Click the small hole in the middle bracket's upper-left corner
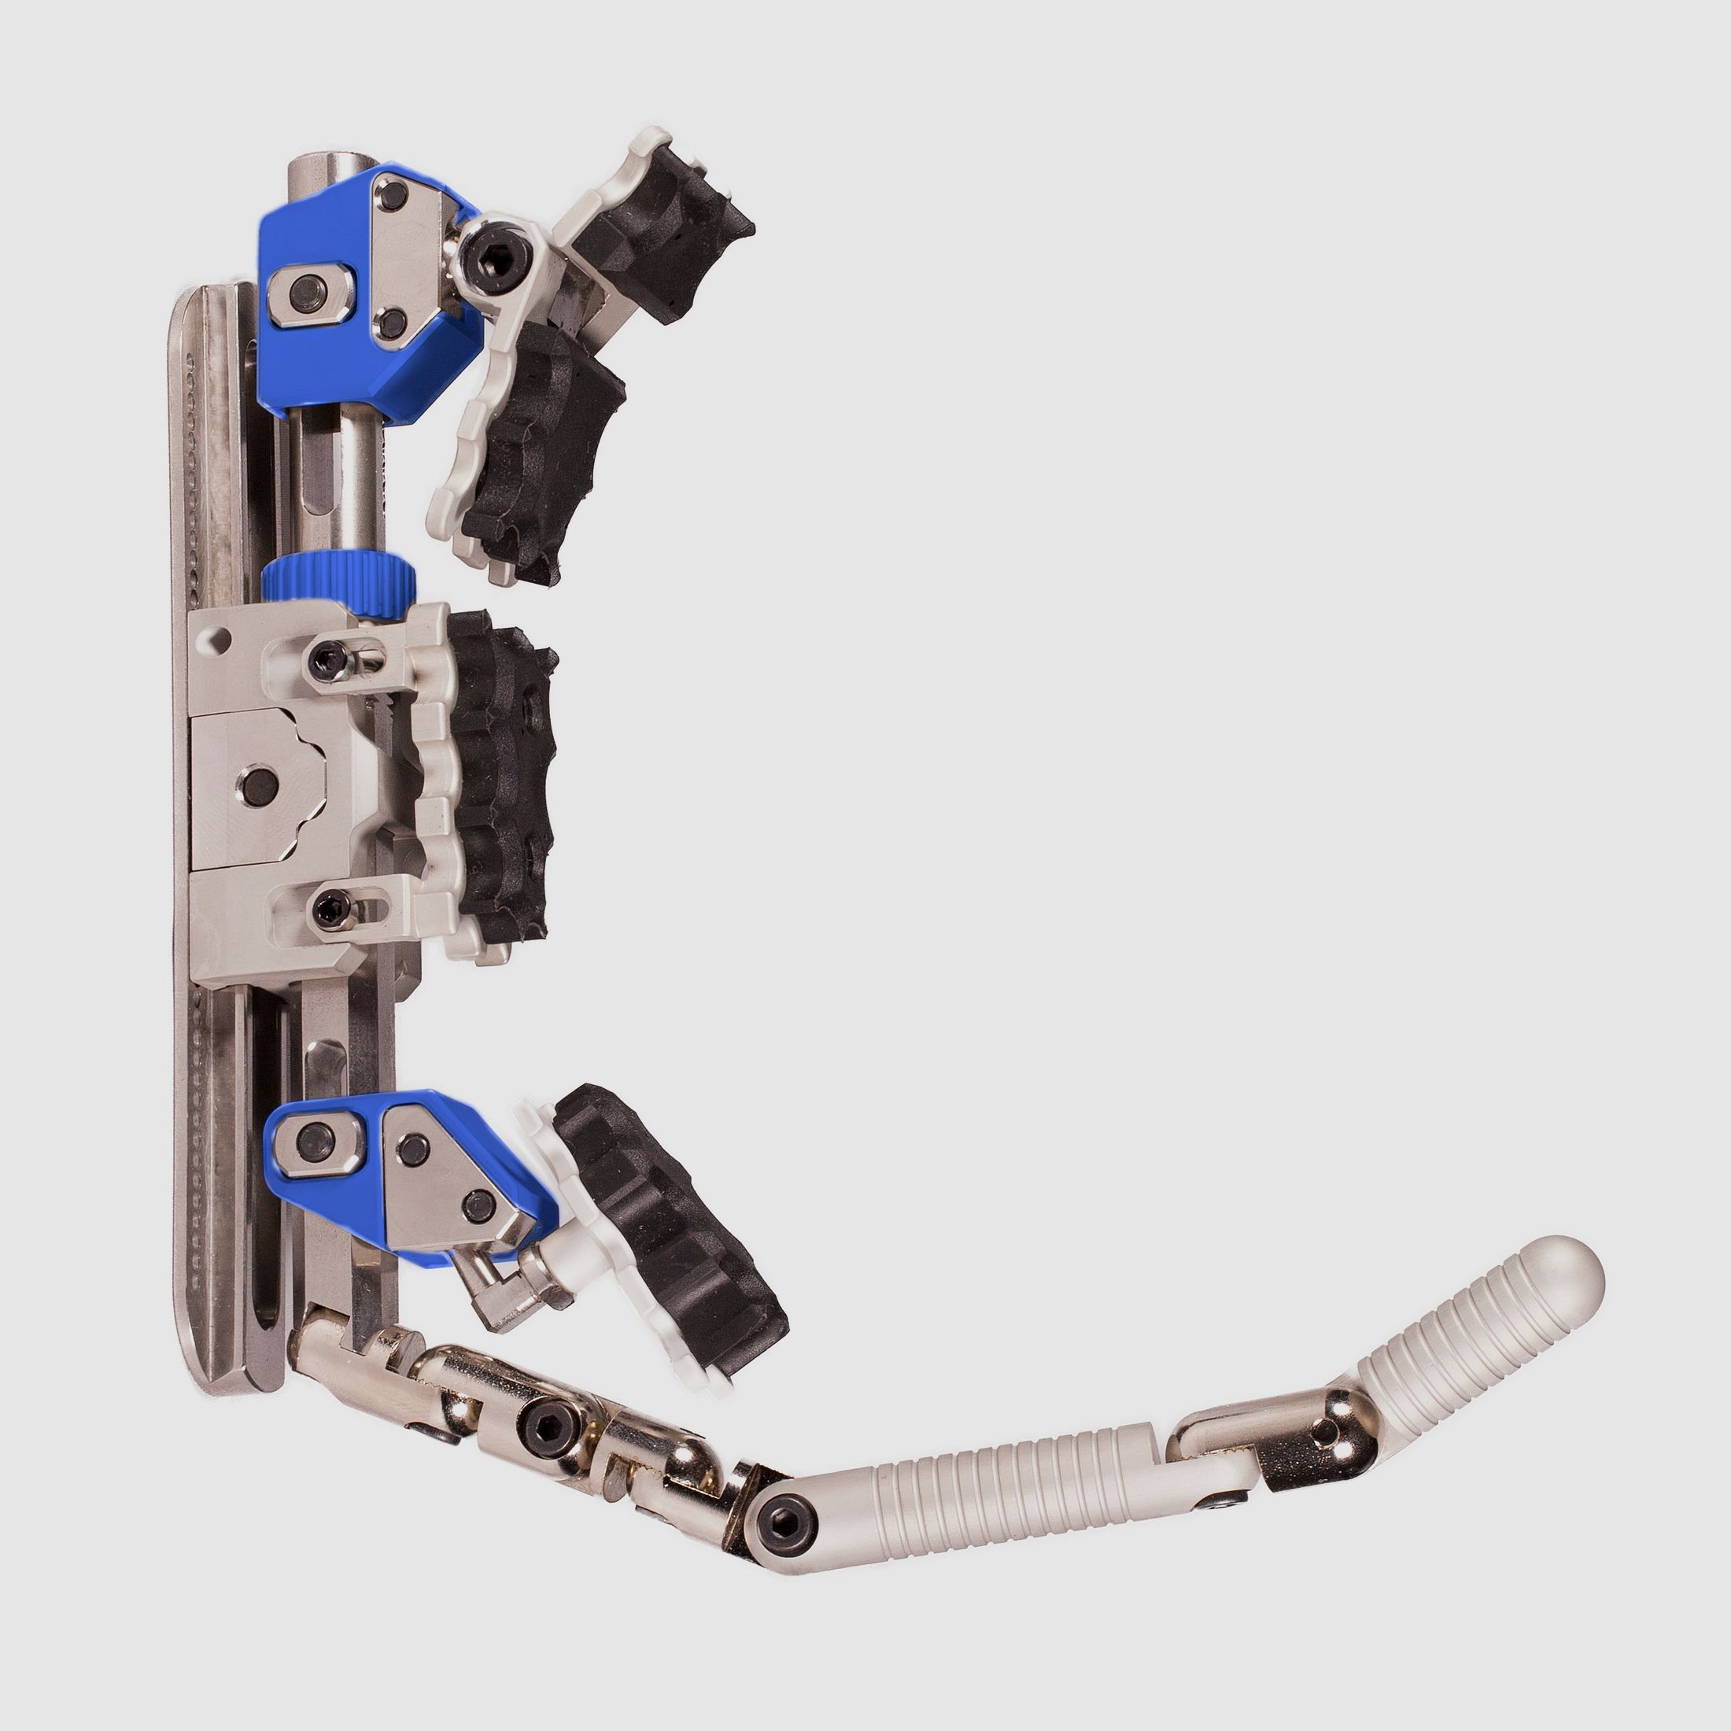[220, 640]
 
